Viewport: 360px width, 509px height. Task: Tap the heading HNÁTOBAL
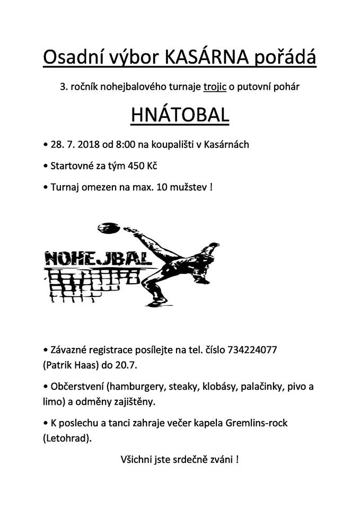point(180,115)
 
